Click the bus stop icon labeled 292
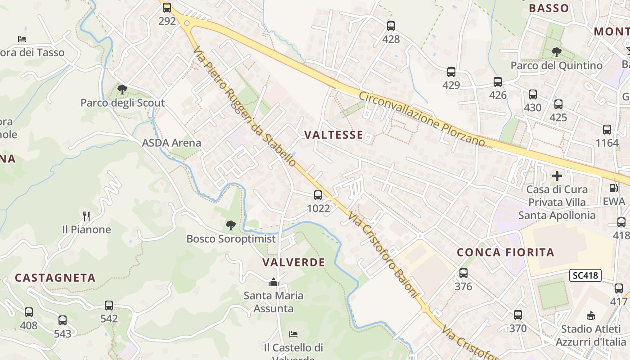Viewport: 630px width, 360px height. point(167,8)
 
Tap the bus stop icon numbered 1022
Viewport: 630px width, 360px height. point(318,195)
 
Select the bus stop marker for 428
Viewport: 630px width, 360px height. point(391,26)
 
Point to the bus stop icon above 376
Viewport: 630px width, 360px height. point(463,273)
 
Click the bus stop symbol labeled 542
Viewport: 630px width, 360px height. point(109,306)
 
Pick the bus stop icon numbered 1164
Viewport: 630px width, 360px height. point(607,130)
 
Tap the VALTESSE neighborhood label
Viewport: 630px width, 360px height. point(334,135)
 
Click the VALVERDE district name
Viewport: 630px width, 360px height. point(293,262)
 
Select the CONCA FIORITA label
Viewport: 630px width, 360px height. point(506,252)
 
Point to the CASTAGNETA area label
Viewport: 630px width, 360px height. point(55,278)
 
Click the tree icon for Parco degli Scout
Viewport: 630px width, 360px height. point(122,89)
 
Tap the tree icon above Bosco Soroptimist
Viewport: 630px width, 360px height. point(230,225)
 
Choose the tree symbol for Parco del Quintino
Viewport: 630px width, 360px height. point(556,52)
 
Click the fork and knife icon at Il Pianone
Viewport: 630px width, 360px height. point(86,216)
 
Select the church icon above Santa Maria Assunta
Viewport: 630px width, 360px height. point(273,283)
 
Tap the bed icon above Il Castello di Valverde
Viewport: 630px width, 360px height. point(293,334)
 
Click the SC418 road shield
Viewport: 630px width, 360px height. point(585,275)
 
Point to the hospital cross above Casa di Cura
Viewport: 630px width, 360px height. point(557,176)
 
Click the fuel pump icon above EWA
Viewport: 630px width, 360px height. point(613,188)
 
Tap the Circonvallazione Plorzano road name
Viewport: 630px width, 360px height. point(422,119)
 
